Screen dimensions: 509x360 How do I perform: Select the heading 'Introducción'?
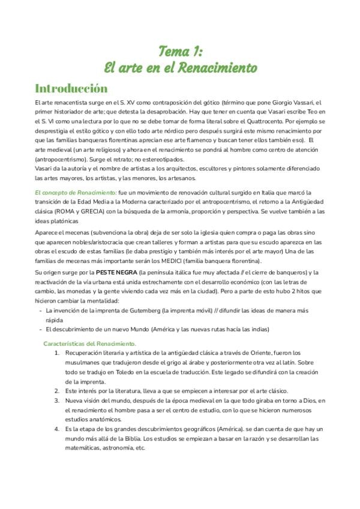[71, 88]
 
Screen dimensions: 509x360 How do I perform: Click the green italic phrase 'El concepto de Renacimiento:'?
[75, 193]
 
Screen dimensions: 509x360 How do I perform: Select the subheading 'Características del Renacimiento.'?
[90, 344]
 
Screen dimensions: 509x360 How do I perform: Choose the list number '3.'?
[56, 401]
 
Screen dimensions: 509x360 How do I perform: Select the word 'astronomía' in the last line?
[118, 448]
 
